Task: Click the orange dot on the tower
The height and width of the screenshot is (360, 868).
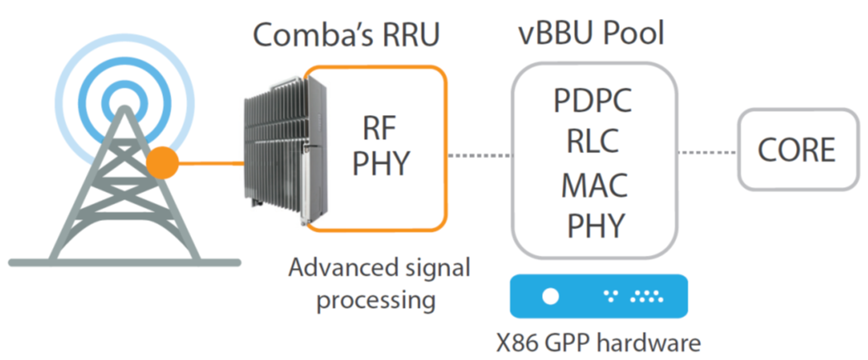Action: coord(162,163)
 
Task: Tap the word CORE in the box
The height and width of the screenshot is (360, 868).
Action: coord(797,151)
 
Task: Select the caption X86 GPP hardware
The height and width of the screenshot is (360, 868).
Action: coord(595,341)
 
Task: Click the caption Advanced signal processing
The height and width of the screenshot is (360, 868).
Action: coord(380,284)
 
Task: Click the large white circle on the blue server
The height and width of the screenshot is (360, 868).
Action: coord(550,296)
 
